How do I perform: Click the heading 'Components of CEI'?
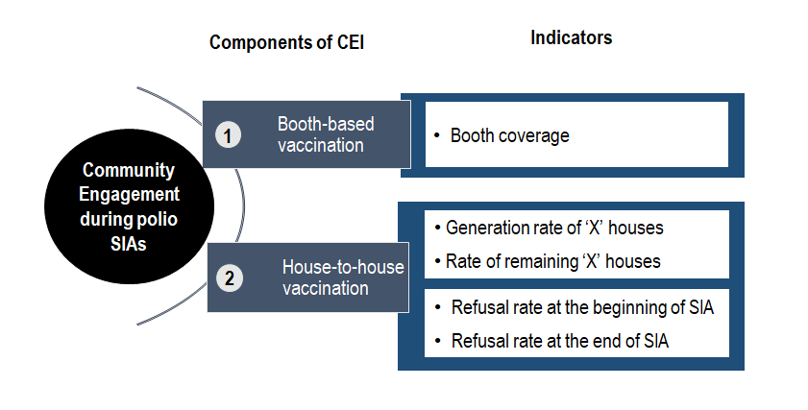point(286,42)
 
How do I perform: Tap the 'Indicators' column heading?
point(572,37)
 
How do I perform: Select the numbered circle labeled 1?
point(228,135)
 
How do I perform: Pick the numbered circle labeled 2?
point(230,278)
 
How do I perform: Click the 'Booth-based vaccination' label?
point(326,134)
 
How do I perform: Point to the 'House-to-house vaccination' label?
point(343,277)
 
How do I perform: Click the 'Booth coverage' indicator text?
point(509,135)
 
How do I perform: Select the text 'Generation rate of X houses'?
point(554,228)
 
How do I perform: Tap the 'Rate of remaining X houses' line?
point(553,261)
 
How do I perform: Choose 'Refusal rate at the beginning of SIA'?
point(582,307)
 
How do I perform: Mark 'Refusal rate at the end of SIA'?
point(559,341)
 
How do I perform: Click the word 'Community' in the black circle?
point(129,170)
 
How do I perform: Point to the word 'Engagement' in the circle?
point(129,194)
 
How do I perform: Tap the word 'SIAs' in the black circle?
point(129,243)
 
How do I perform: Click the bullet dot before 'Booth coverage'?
point(437,135)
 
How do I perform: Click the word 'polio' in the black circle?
point(159,220)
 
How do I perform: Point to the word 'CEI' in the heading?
point(351,42)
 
